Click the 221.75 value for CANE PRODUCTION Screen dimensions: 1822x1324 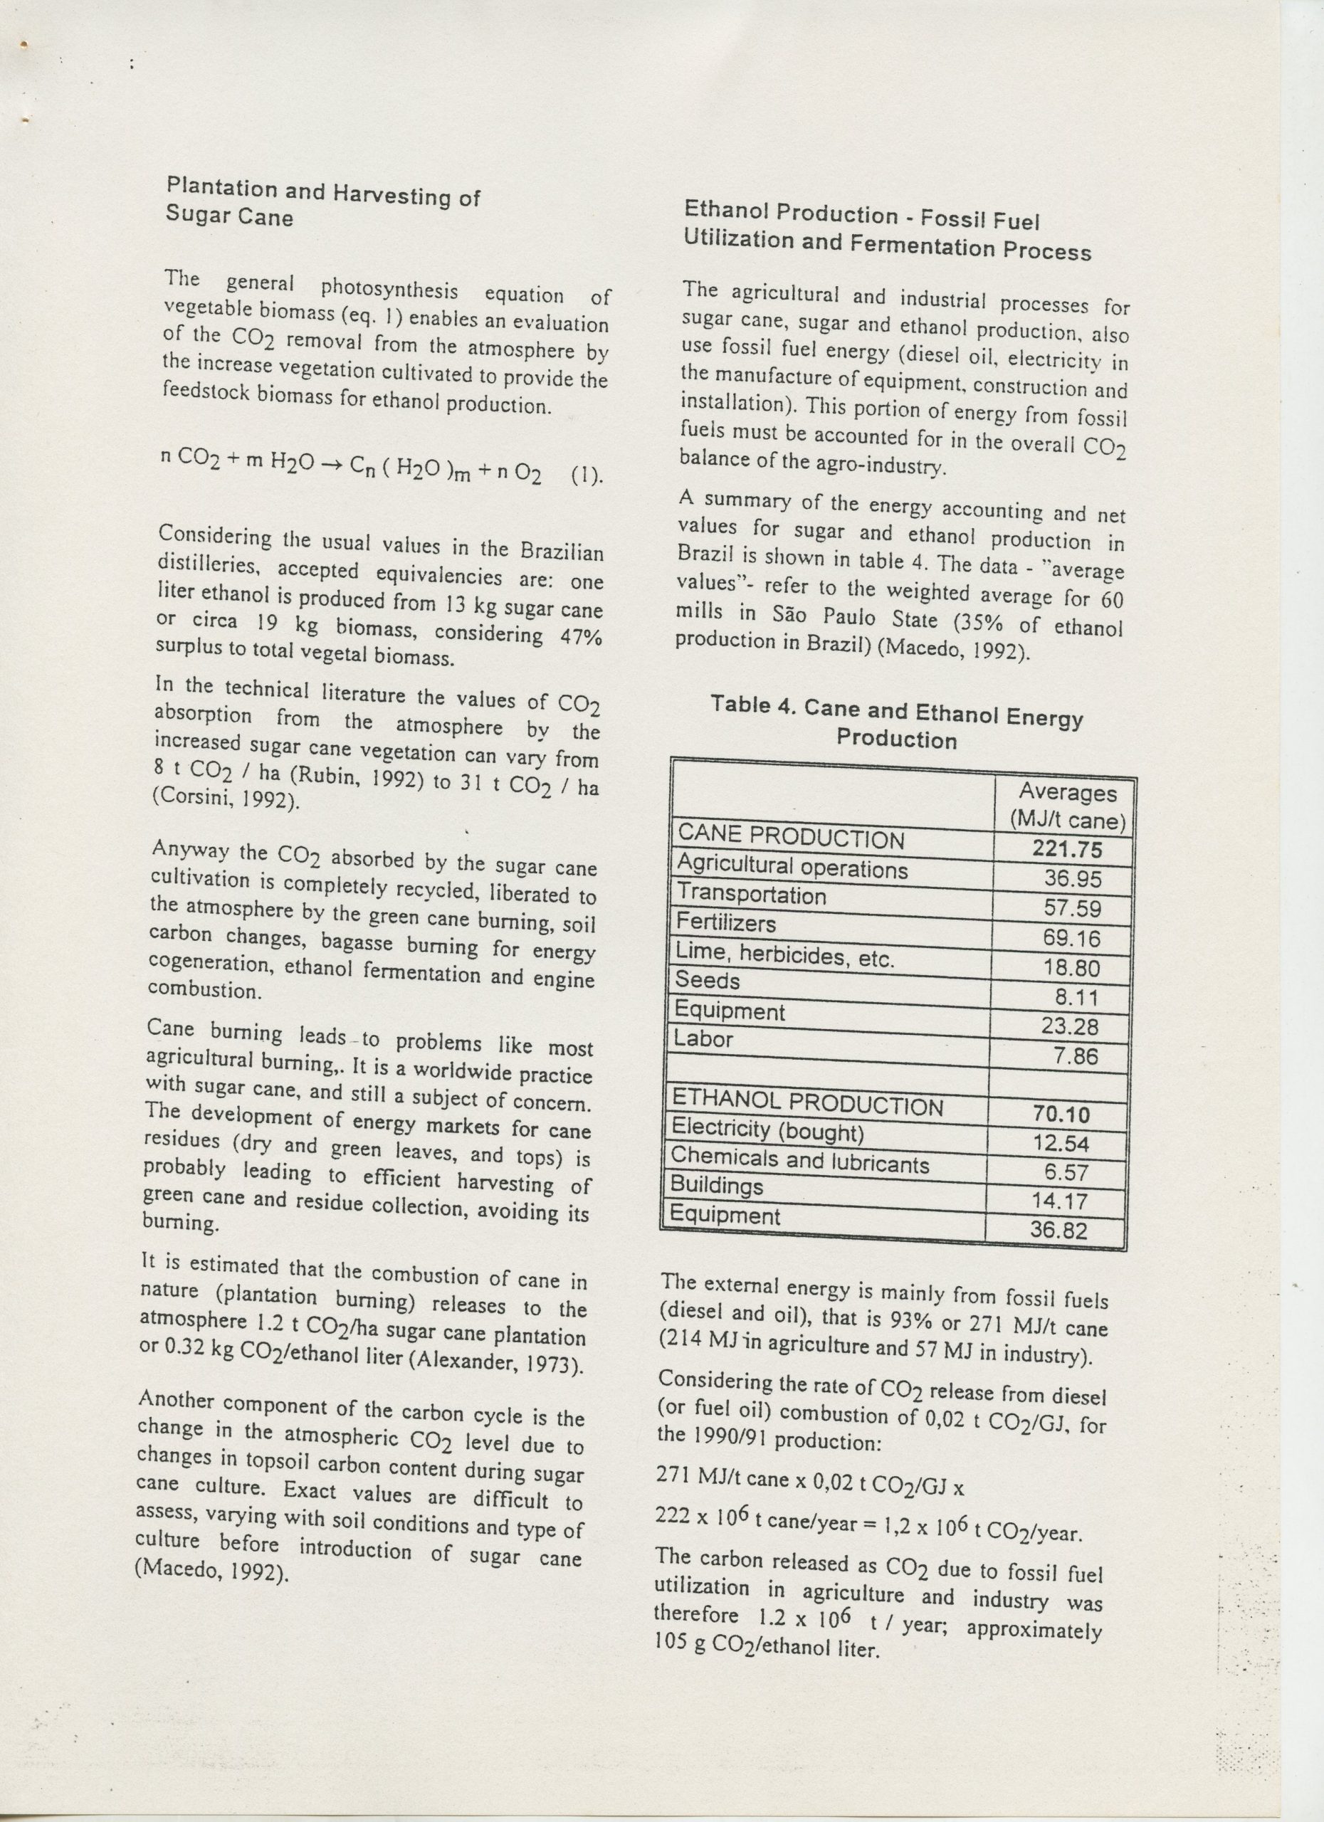coord(1067,850)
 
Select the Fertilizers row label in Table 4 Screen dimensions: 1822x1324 coord(725,923)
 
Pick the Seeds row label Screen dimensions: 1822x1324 coord(707,980)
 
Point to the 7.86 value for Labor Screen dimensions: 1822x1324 coord(1075,1055)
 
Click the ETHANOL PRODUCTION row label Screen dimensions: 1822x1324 coord(807,1105)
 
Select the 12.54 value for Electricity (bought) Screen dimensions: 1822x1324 coord(1061,1143)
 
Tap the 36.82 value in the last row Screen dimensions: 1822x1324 coord(1059,1230)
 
